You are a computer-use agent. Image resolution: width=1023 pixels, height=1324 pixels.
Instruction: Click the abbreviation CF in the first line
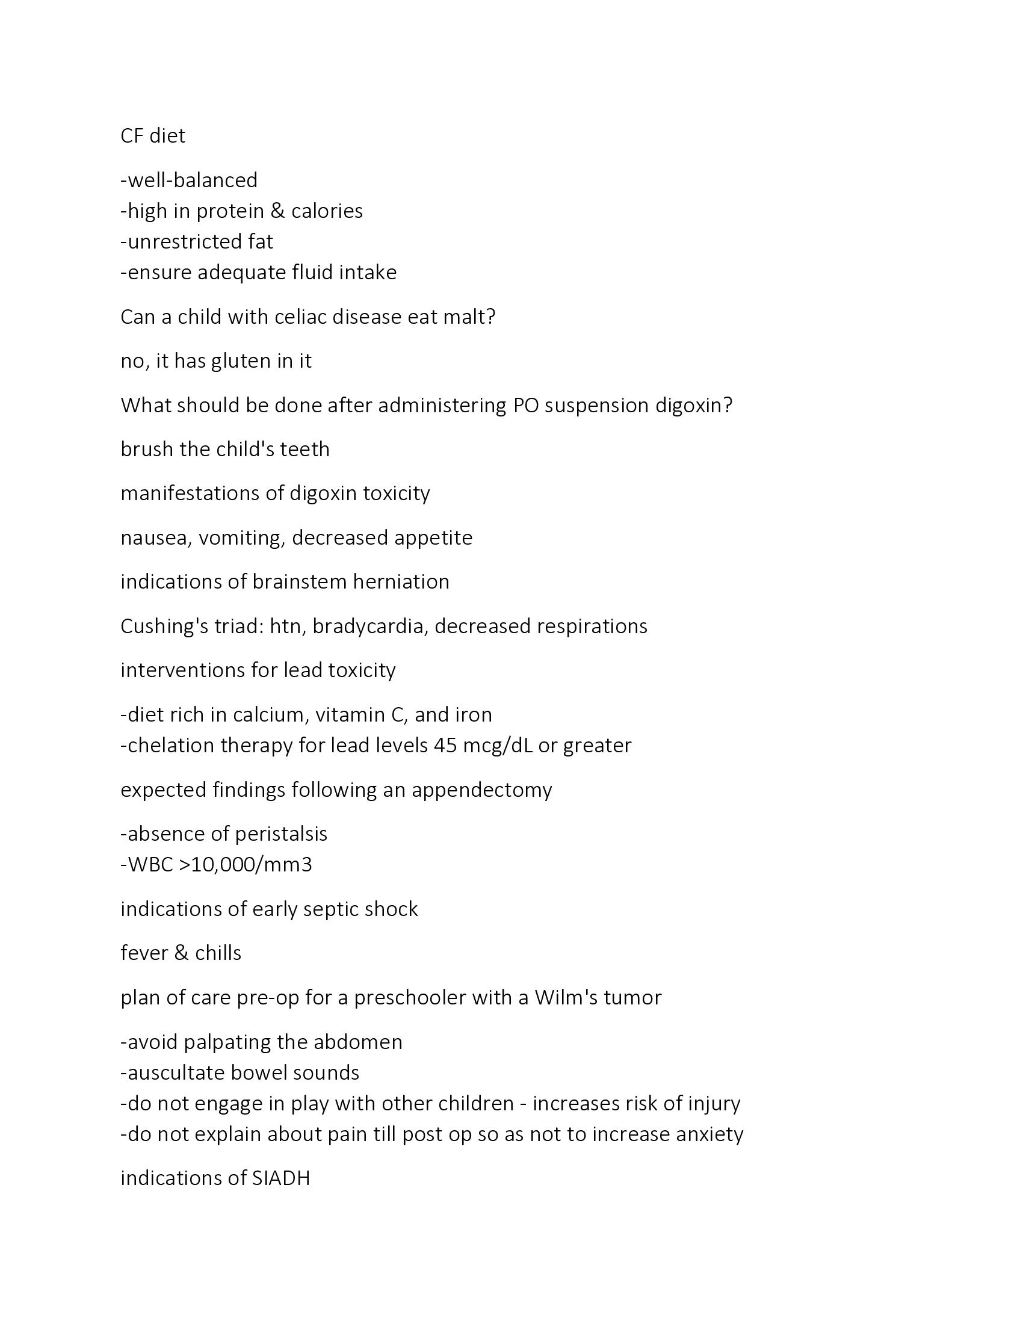pos(132,136)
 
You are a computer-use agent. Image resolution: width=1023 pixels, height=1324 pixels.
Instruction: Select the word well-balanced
pos(192,181)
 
